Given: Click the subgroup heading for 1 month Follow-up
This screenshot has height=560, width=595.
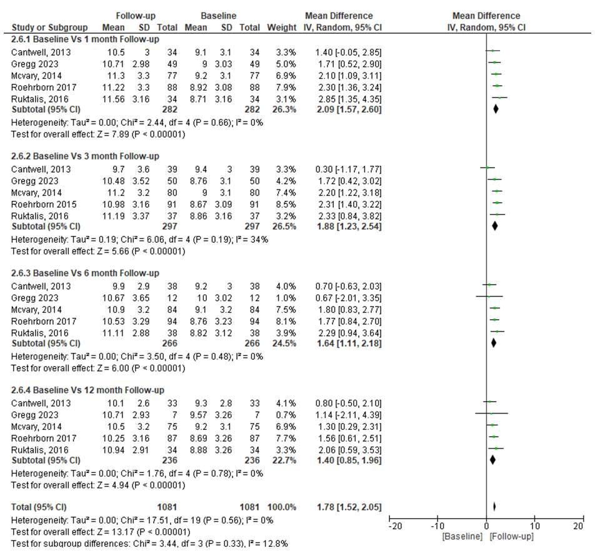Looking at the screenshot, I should [85, 39].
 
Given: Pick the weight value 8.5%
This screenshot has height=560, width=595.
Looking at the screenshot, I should [286, 204].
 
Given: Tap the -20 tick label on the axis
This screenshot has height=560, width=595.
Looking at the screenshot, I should [395, 527].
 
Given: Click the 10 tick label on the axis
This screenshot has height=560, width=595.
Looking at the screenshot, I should [534, 527].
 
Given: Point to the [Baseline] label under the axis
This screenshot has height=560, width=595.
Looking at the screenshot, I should [462, 537].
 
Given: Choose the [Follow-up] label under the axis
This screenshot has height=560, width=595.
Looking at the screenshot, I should [512, 537].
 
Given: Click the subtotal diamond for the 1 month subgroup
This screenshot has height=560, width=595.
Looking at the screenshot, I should [496, 109].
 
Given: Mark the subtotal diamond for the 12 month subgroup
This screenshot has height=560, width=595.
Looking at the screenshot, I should [492, 461].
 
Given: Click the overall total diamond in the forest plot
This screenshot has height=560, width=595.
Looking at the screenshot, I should [494, 507].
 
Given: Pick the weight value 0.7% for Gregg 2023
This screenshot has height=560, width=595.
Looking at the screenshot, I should [286, 415].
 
